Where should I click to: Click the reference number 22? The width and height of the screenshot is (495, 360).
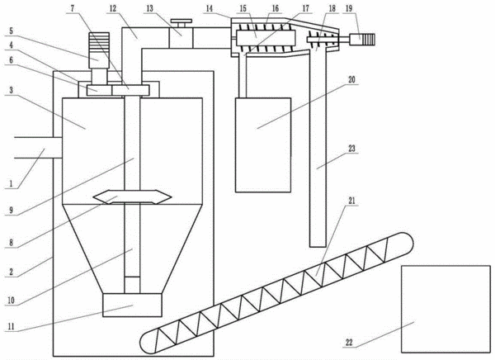349,343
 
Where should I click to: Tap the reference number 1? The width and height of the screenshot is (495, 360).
11,183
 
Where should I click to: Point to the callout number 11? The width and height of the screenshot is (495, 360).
11,326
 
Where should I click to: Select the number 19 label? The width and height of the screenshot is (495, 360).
349,8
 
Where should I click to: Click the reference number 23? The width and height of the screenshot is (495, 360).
351,149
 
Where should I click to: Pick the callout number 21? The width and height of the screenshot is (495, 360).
351,201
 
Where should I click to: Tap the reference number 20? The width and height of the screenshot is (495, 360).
351,79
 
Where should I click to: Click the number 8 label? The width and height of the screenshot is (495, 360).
11,243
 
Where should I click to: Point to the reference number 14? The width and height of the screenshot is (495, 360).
210,8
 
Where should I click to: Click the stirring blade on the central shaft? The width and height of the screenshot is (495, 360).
132,197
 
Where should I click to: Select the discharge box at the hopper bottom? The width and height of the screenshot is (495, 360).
132,305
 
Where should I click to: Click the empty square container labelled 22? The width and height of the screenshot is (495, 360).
445,309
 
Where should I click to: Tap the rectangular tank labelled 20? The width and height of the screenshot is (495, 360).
263,145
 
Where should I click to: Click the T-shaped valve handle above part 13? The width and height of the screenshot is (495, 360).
181,23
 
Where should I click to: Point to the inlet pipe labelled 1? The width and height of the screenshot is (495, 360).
38,148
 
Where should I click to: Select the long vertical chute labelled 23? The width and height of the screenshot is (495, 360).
318,149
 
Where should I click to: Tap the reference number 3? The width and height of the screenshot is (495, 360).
11,90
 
